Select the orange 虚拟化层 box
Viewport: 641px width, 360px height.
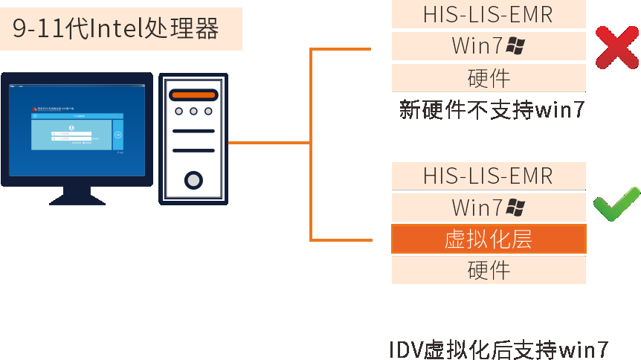click(489, 239)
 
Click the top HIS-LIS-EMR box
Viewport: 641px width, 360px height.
click(489, 13)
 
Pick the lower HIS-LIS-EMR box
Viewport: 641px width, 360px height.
click(489, 176)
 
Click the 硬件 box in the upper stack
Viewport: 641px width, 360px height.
click(489, 78)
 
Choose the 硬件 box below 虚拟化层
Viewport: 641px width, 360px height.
click(489, 270)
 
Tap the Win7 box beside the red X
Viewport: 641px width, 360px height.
click(489, 46)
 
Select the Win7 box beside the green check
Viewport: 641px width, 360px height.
click(489, 207)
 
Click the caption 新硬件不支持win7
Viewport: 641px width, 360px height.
click(491, 110)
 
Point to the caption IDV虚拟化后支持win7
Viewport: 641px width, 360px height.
click(499, 350)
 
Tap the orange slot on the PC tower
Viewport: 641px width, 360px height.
click(193, 94)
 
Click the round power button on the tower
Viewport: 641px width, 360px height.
click(193, 179)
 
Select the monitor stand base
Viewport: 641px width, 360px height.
click(77, 199)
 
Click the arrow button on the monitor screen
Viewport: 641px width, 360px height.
click(118, 135)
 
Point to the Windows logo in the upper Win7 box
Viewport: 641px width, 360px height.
click(515, 46)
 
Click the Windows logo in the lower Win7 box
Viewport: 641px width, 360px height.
click(515, 207)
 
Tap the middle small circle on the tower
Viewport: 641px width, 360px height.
click(193, 112)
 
